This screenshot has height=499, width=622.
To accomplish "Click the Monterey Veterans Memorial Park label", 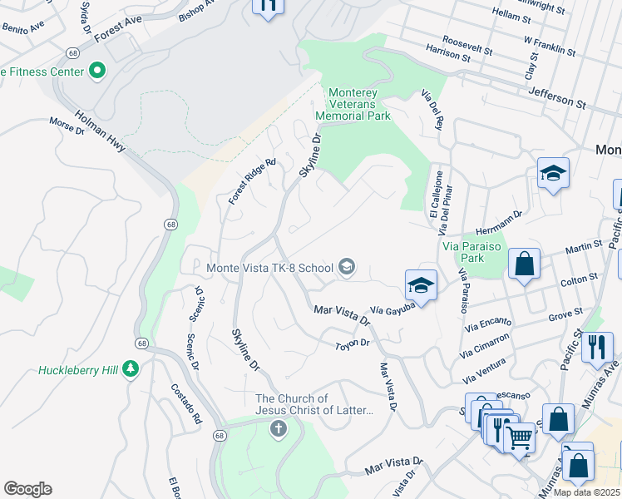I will (x=359, y=104).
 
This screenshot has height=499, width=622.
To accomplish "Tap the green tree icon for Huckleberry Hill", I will (x=131, y=368).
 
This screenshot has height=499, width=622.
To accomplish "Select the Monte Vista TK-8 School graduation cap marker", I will (x=347, y=267).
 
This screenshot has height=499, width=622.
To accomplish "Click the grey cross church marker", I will (x=278, y=429).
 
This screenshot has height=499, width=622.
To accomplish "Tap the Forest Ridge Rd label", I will (x=252, y=182).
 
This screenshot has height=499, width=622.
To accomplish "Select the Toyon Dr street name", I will (x=352, y=344).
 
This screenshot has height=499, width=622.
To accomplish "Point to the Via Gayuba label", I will (x=392, y=309).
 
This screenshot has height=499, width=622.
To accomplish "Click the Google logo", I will (x=27, y=489).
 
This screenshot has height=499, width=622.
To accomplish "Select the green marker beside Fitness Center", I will (x=97, y=71).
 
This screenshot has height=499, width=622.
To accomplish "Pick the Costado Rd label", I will (x=186, y=403).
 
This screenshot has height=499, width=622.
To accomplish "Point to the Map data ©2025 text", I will (x=587, y=492).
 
